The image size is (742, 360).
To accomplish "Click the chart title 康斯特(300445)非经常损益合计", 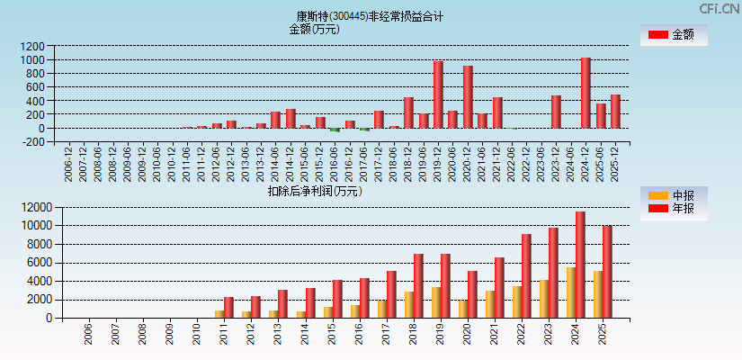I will [x=370, y=16].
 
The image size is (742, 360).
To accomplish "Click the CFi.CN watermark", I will [x=720, y=8].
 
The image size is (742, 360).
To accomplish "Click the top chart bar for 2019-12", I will [x=438, y=94].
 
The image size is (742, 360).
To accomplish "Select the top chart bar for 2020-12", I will [x=468, y=96].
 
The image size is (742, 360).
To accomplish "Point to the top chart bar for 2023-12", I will [x=556, y=112].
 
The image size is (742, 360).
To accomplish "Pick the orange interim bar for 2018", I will [x=409, y=304].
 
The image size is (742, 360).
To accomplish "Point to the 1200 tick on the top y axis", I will [x=32, y=46].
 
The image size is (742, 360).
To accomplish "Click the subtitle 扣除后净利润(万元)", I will [x=314, y=191].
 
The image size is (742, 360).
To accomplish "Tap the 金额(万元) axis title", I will [x=314, y=29].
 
